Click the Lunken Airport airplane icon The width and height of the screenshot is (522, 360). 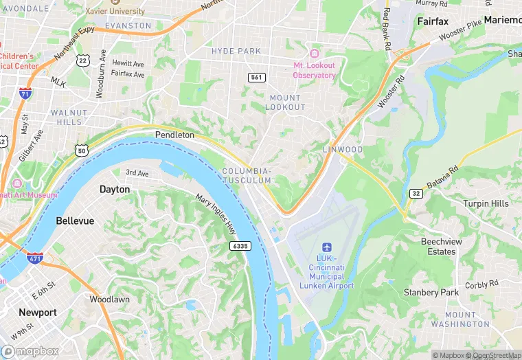coord(326,247)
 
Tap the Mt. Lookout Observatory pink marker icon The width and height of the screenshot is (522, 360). coord(315,54)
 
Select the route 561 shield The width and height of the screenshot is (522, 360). coord(257,78)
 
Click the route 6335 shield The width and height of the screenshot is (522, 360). coord(240,246)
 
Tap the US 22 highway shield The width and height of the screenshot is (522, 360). coord(82,61)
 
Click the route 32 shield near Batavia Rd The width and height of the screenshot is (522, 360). coord(415,193)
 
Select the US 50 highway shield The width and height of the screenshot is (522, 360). coord(82,150)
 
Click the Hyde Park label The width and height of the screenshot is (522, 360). coord(236,52)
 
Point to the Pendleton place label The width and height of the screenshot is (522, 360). coord(174,135)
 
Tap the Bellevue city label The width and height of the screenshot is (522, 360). coord(75,221)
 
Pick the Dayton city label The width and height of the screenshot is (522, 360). coord(114,189)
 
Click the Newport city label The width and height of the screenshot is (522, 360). coord(38,312)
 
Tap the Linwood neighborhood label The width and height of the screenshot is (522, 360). coord(342,150)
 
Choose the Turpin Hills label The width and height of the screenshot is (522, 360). coord(486,203)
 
